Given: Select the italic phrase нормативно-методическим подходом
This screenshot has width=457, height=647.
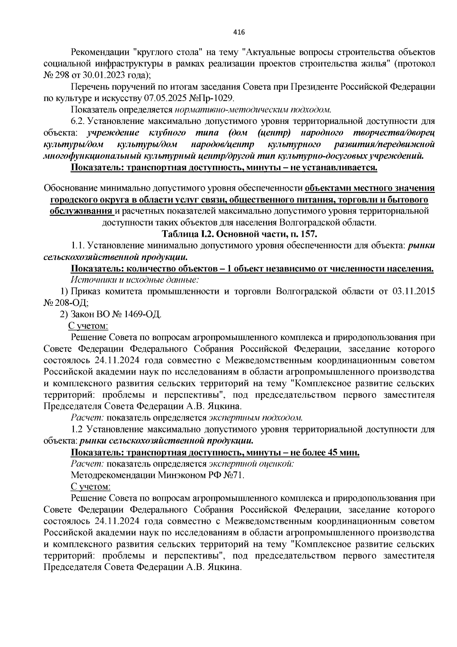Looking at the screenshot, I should pyautogui.click(x=252, y=110).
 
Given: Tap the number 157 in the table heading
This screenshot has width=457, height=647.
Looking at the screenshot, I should pyautogui.click(x=308, y=234).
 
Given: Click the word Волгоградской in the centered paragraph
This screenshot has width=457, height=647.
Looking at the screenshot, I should pyautogui.click(x=315, y=222).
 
